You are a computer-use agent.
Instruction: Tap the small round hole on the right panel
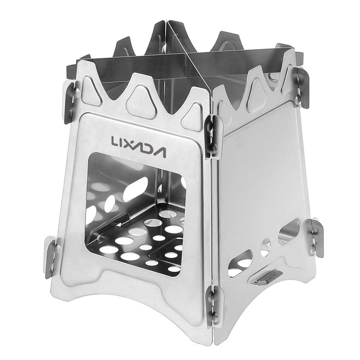click(x=266, y=246)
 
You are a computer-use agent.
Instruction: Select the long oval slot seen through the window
click(x=135, y=189)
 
